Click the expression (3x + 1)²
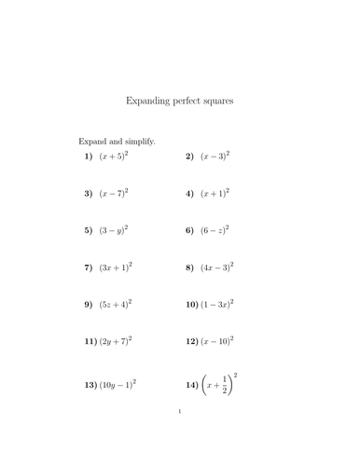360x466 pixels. click(117, 267)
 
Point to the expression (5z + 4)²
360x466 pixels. click(117, 303)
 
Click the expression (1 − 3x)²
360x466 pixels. click(217, 303)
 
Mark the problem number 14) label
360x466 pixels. click(192, 384)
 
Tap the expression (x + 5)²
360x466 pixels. click(115, 157)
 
